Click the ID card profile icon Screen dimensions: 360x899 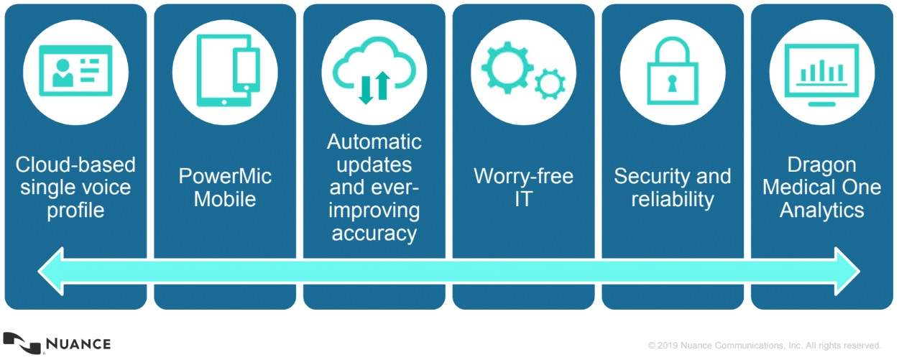[75, 71]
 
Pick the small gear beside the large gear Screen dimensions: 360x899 [550, 83]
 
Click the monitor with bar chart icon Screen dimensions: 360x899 [822, 71]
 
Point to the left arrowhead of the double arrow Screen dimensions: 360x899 [52, 271]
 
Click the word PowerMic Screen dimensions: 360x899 [225, 177]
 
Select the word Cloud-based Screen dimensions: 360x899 [75, 165]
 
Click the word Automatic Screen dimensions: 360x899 [374, 142]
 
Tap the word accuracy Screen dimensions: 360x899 [374, 234]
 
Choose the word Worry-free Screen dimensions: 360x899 [523, 177]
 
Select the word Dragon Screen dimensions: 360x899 [822, 165]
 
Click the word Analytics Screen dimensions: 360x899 [822, 211]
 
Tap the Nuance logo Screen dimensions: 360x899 [57, 343]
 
